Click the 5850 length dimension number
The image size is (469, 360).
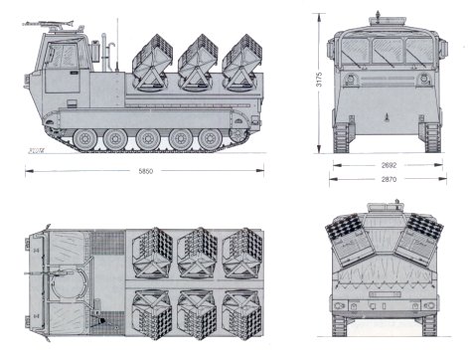pos(146,171)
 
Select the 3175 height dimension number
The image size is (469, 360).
pos(319,80)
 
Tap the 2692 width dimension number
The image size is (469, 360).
pos(389,165)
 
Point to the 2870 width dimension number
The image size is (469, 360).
pos(389,179)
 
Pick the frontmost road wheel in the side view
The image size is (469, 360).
pos(85,138)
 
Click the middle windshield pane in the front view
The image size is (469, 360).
pos(388,51)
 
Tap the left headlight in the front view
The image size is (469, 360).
pos(350,79)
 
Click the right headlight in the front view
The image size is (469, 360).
pos(423,79)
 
